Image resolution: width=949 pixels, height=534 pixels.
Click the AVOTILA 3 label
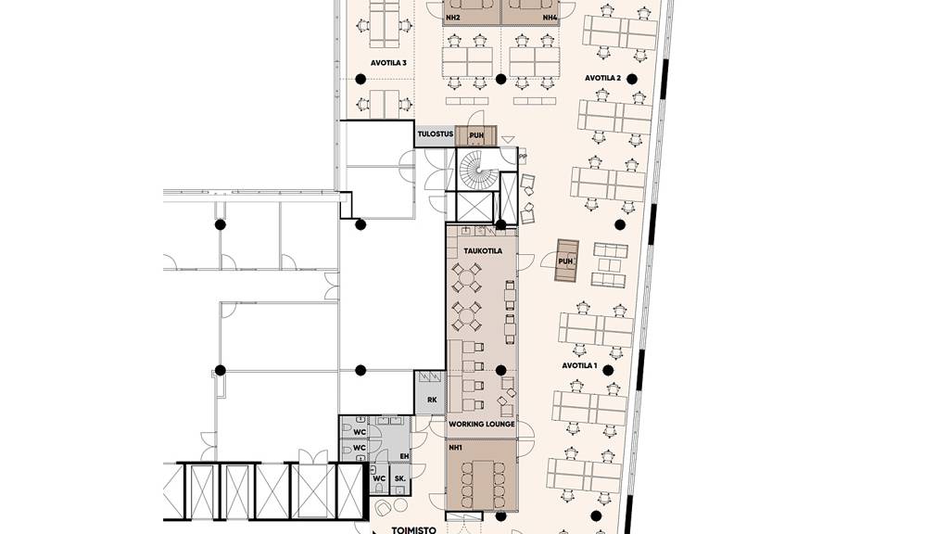388,63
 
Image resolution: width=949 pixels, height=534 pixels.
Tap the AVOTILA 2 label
602,78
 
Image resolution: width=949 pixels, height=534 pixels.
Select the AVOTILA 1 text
580,365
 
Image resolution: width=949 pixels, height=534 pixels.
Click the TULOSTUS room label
436,133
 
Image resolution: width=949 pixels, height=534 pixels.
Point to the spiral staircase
478,170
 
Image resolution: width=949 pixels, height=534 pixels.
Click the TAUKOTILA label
483,250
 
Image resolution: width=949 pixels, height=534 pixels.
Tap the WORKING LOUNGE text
482,425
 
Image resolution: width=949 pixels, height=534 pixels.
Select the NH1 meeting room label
456,448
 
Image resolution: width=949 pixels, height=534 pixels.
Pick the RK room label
432,400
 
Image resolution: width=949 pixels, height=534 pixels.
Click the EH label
405,456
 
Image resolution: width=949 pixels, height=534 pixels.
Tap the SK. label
400,478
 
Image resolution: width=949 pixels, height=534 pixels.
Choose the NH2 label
452,19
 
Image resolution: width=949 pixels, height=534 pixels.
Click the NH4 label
550,19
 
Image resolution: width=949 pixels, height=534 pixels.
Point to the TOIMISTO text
414,530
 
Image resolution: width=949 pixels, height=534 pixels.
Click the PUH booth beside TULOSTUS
476,135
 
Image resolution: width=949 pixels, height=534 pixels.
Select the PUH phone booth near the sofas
566,261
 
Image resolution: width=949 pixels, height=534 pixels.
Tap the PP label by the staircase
523,157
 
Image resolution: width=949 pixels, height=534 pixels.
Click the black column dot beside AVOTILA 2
632,79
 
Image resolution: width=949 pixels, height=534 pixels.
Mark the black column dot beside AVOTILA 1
608,371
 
